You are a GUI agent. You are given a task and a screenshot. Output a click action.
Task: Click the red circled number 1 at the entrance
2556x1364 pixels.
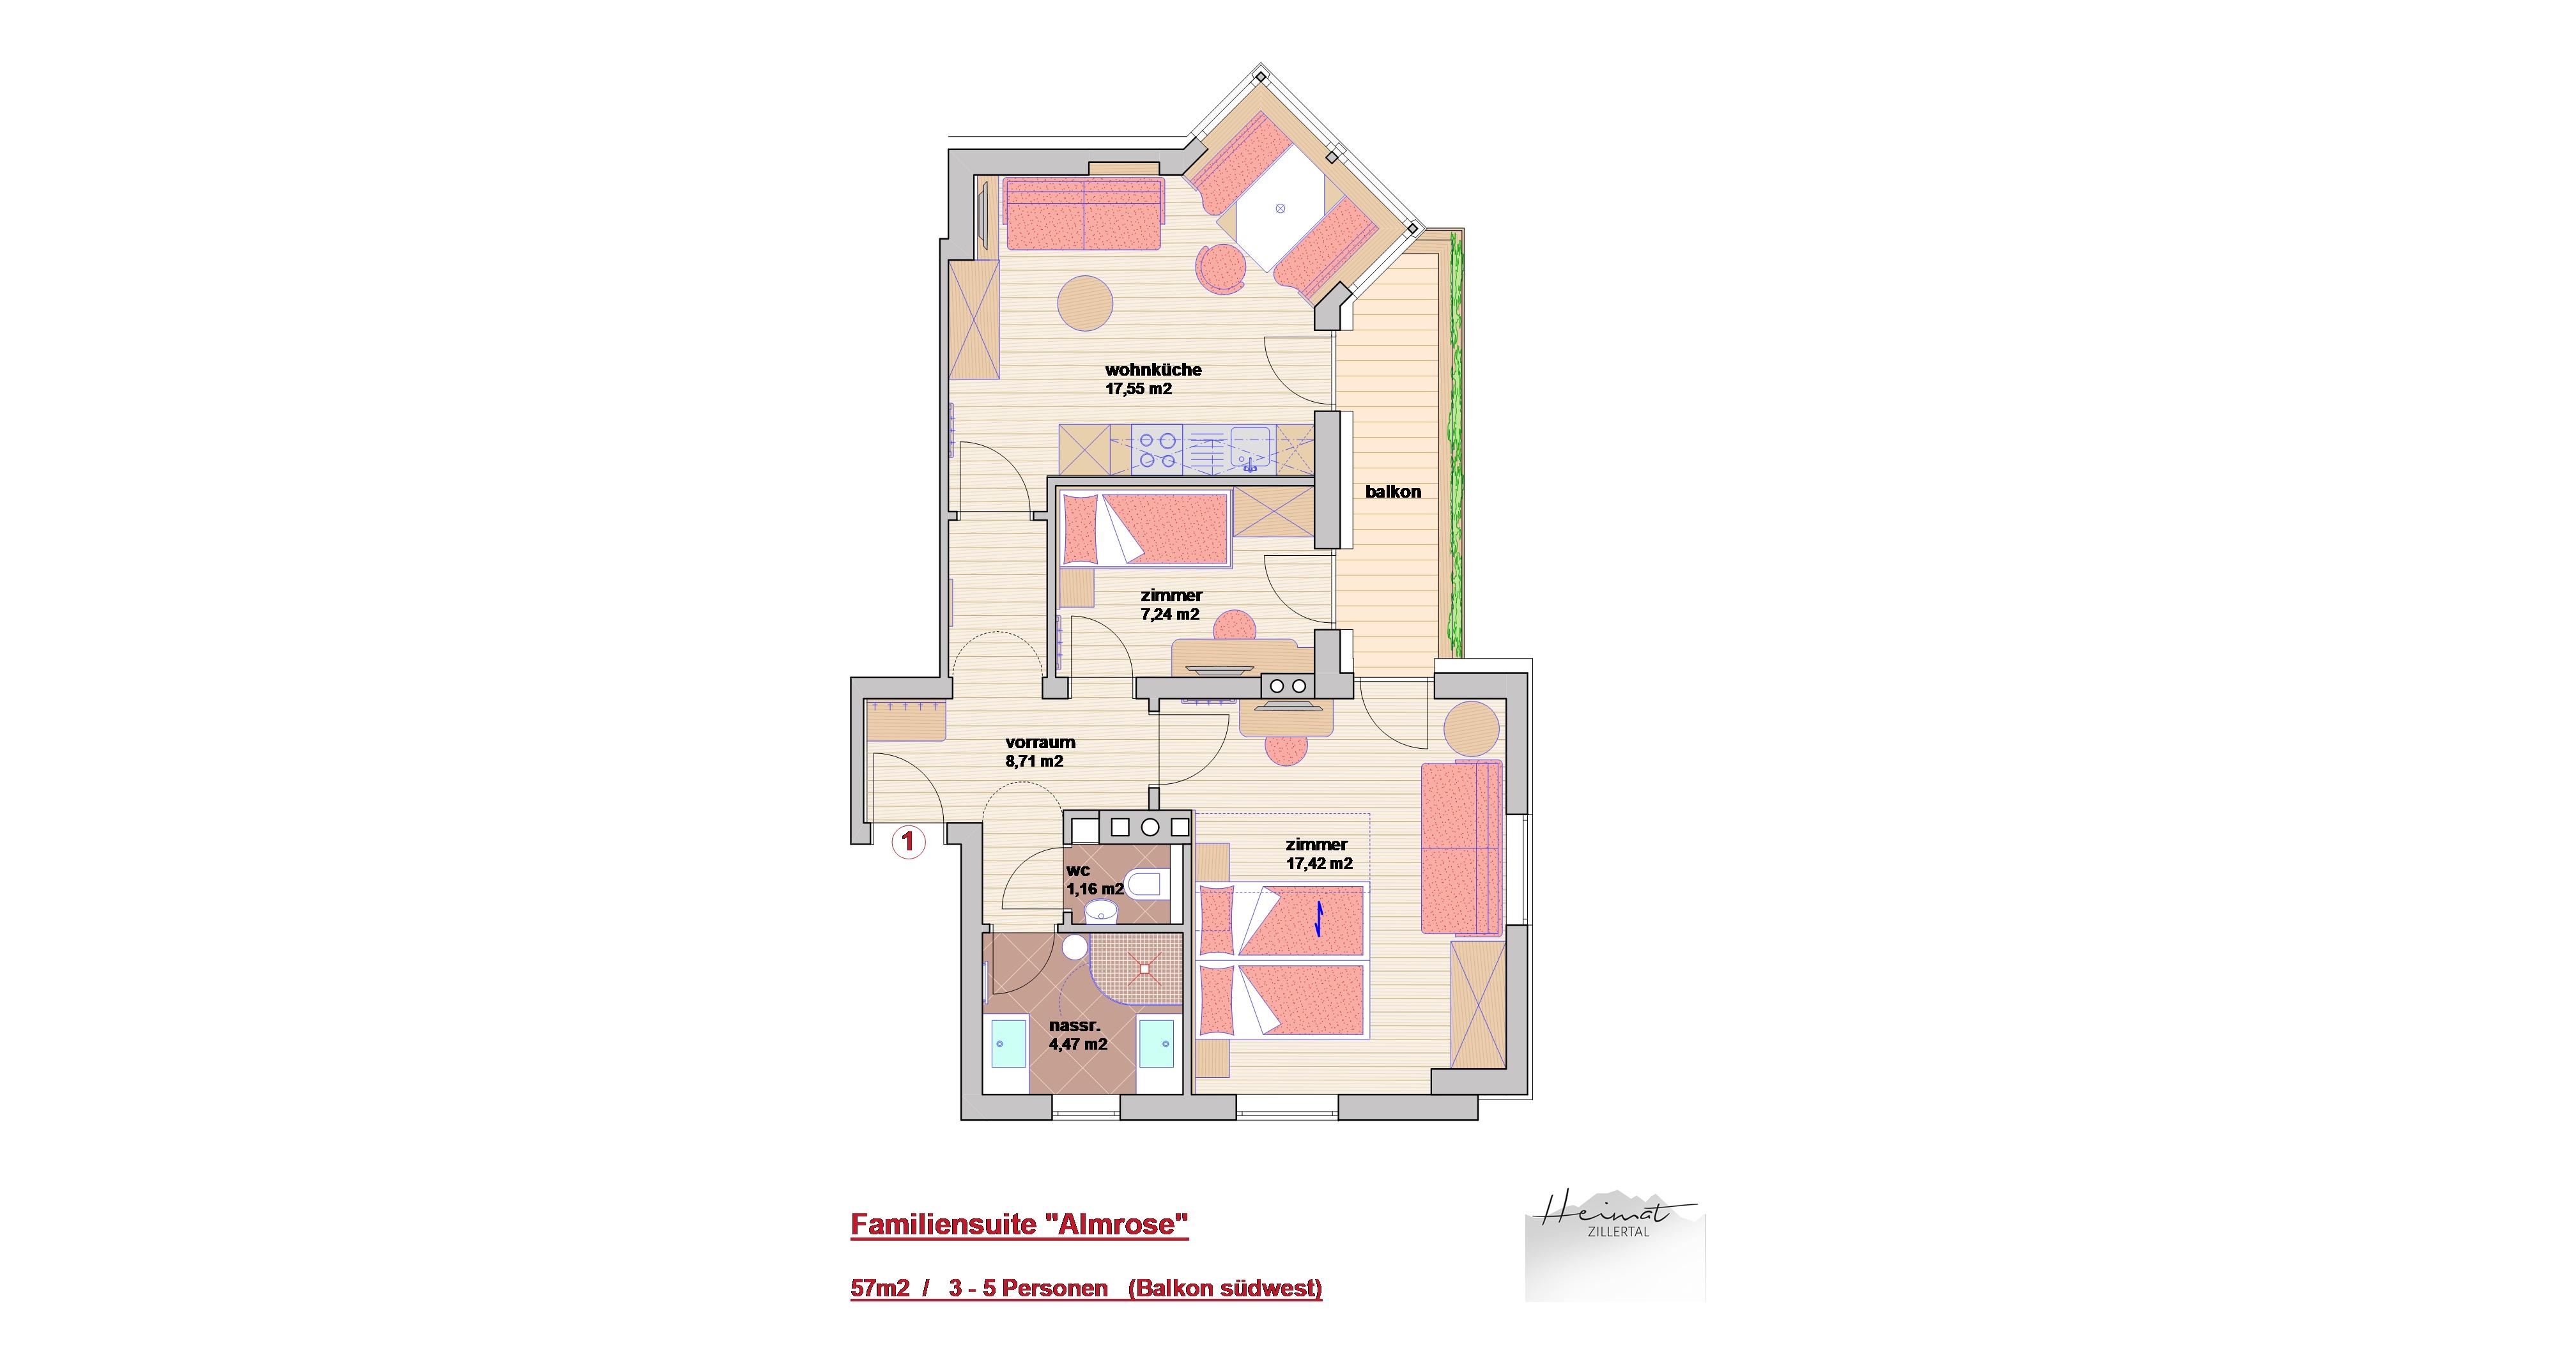909,842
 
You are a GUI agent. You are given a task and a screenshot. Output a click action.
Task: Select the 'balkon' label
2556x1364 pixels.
1393,491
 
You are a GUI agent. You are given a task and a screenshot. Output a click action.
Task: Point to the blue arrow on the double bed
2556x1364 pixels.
1320,919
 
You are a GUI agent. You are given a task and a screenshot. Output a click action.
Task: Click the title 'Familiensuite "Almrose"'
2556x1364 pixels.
1019,1225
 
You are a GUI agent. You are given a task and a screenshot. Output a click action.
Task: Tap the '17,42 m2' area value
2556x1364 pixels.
1320,863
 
